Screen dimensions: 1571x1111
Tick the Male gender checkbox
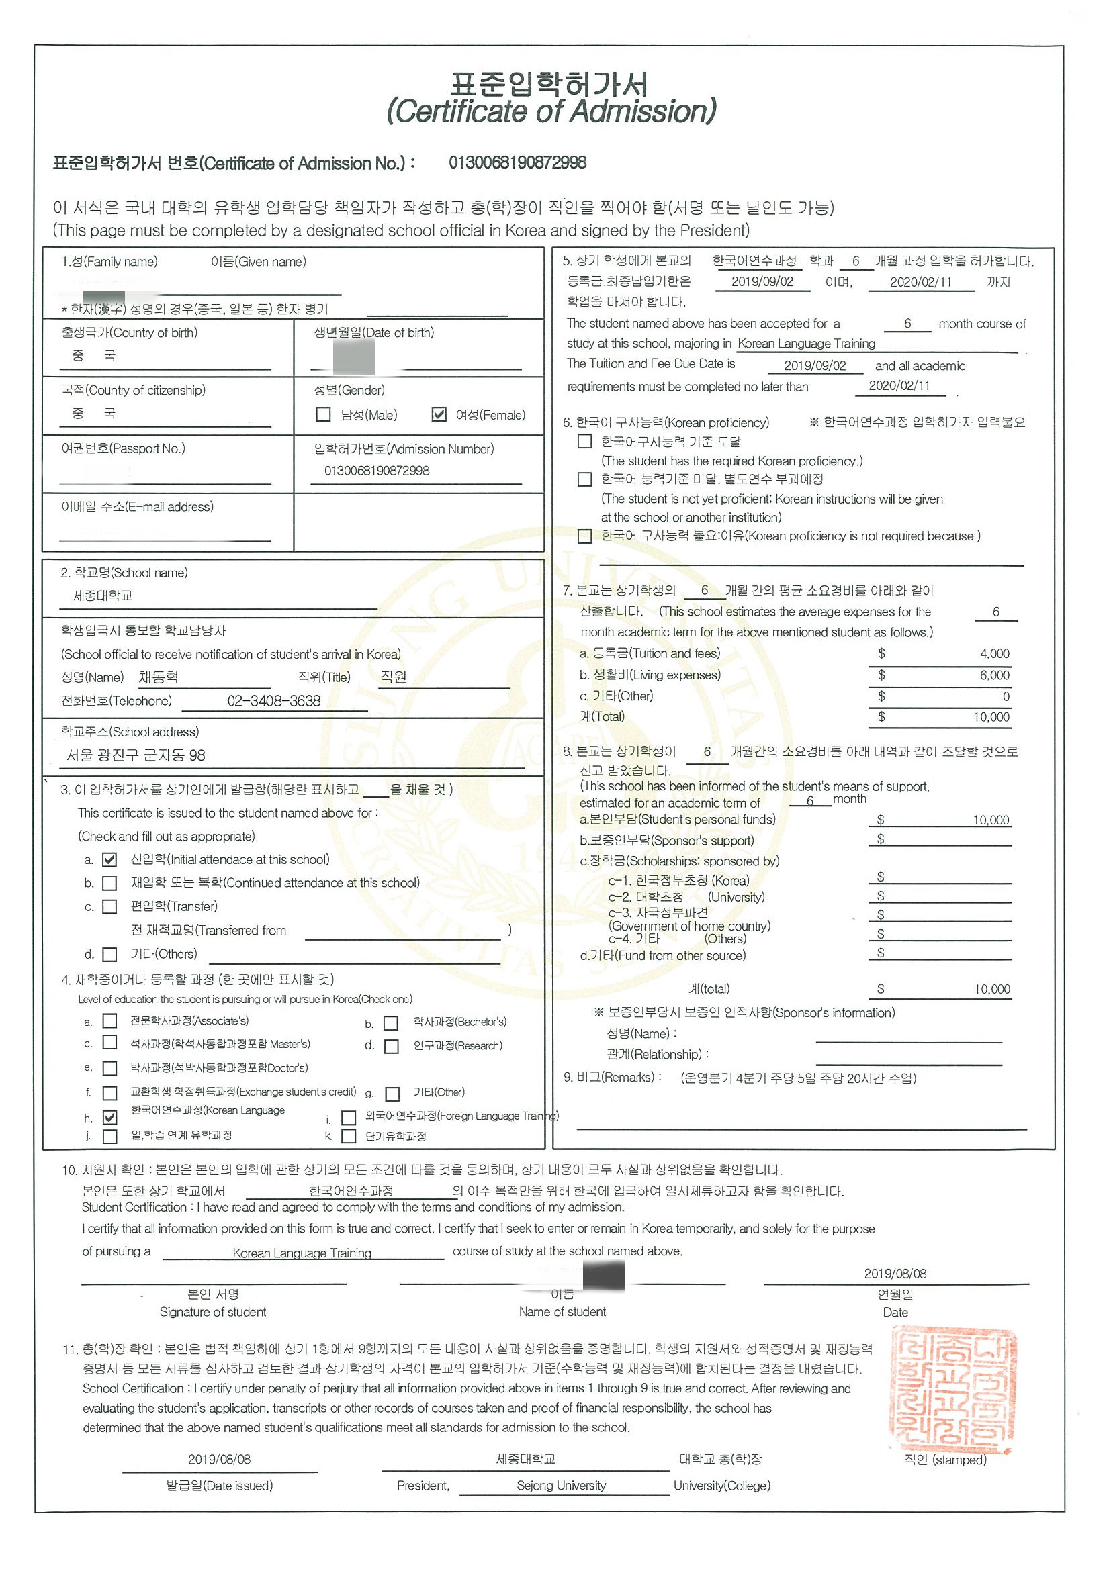[323, 415]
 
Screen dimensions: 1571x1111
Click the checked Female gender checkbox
[439, 415]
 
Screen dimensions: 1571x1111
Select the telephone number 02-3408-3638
[274, 701]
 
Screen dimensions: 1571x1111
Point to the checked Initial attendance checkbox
[109, 859]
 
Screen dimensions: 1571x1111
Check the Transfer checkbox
[109, 906]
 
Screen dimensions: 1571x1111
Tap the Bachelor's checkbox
[391, 1023]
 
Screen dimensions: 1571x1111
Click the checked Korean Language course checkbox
[109, 1117]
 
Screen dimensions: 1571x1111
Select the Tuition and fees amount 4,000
[994, 653]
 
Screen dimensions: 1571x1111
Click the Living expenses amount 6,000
[994, 675]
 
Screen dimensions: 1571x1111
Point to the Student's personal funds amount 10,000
[991, 820]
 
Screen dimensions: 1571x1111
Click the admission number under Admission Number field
[377, 471]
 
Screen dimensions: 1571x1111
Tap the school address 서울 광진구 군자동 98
[136, 755]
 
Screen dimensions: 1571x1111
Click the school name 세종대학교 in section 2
[103, 596]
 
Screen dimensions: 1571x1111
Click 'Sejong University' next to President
[562, 1486]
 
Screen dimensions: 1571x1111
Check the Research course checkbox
[391, 1047]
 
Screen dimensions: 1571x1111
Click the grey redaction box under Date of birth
[353, 356]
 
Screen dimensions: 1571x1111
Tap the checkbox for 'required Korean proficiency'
[584, 441]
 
